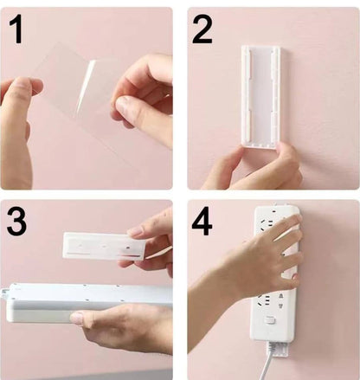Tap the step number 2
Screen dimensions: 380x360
pyautogui.click(x=202, y=30)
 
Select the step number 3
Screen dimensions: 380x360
pyautogui.click(x=16, y=222)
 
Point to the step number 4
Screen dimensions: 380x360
pyautogui.click(x=202, y=222)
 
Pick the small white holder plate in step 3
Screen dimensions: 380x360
pyautogui.click(x=102, y=246)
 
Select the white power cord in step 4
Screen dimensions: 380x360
pyautogui.click(x=275, y=359)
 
